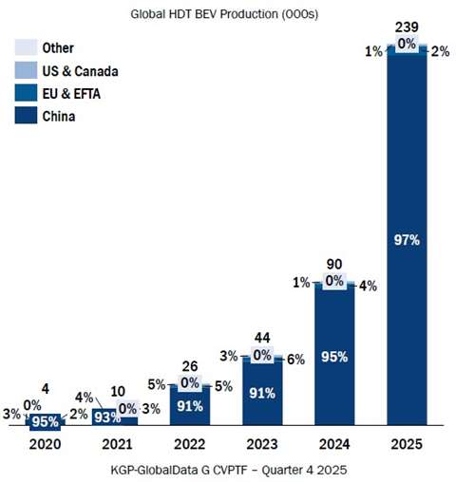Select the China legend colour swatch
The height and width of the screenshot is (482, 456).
pyautogui.click(x=26, y=118)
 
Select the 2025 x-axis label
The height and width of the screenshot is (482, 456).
pyautogui.click(x=406, y=443)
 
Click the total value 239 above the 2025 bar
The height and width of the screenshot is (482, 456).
pyautogui.click(x=406, y=27)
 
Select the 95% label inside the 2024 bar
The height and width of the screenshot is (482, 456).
pyautogui.click(x=333, y=358)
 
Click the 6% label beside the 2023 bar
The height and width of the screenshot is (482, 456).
pyautogui.click(x=295, y=361)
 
